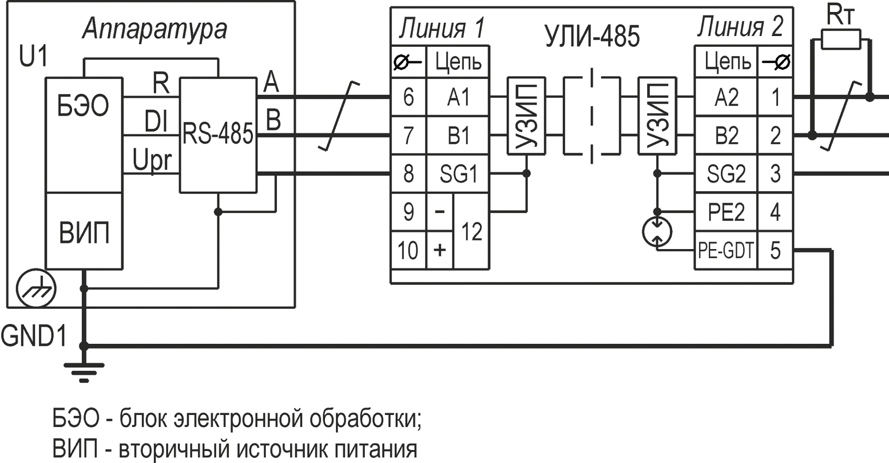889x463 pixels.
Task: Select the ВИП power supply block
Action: pos(84,232)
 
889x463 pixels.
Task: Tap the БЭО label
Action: pos(83,107)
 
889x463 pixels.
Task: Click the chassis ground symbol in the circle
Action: pos(36,289)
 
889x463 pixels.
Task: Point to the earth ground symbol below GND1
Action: pos(84,372)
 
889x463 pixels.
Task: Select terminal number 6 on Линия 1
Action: pos(408,97)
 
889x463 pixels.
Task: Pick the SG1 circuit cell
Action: pos(458,174)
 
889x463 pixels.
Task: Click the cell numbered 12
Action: pos(471,232)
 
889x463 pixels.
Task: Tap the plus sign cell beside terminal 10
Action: pos(439,250)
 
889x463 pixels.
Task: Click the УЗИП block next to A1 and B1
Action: pos(526,116)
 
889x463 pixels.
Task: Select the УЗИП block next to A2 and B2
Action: pos(657,116)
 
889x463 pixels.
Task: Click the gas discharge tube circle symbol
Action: pos(657,232)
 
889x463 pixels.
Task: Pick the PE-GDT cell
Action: pos(725,251)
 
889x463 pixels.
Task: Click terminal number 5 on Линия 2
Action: pos(775,251)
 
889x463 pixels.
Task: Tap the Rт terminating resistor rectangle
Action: pos(841,40)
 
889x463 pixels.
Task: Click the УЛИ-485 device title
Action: pos(592,36)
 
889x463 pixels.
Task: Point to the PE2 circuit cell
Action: pos(725,212)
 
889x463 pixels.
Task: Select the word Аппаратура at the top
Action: pos(155,29)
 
